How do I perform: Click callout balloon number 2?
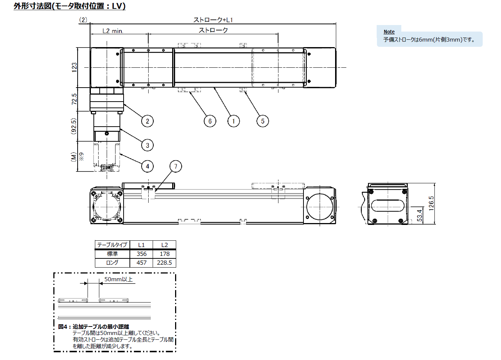(x=148, y=121)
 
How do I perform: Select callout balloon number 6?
(x=210, y=121)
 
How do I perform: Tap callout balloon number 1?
(x=234, y=121)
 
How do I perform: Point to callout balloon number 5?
(x=263, y=121)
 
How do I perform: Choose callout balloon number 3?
(x=148, y=145)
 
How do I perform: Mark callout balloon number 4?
(x=148, y=166)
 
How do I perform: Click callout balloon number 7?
(x=175, y=166)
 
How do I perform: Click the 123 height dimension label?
(x=74, y=67)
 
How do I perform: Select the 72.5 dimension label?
(x=74, y=99)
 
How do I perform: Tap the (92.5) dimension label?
(x=74, y=126)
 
